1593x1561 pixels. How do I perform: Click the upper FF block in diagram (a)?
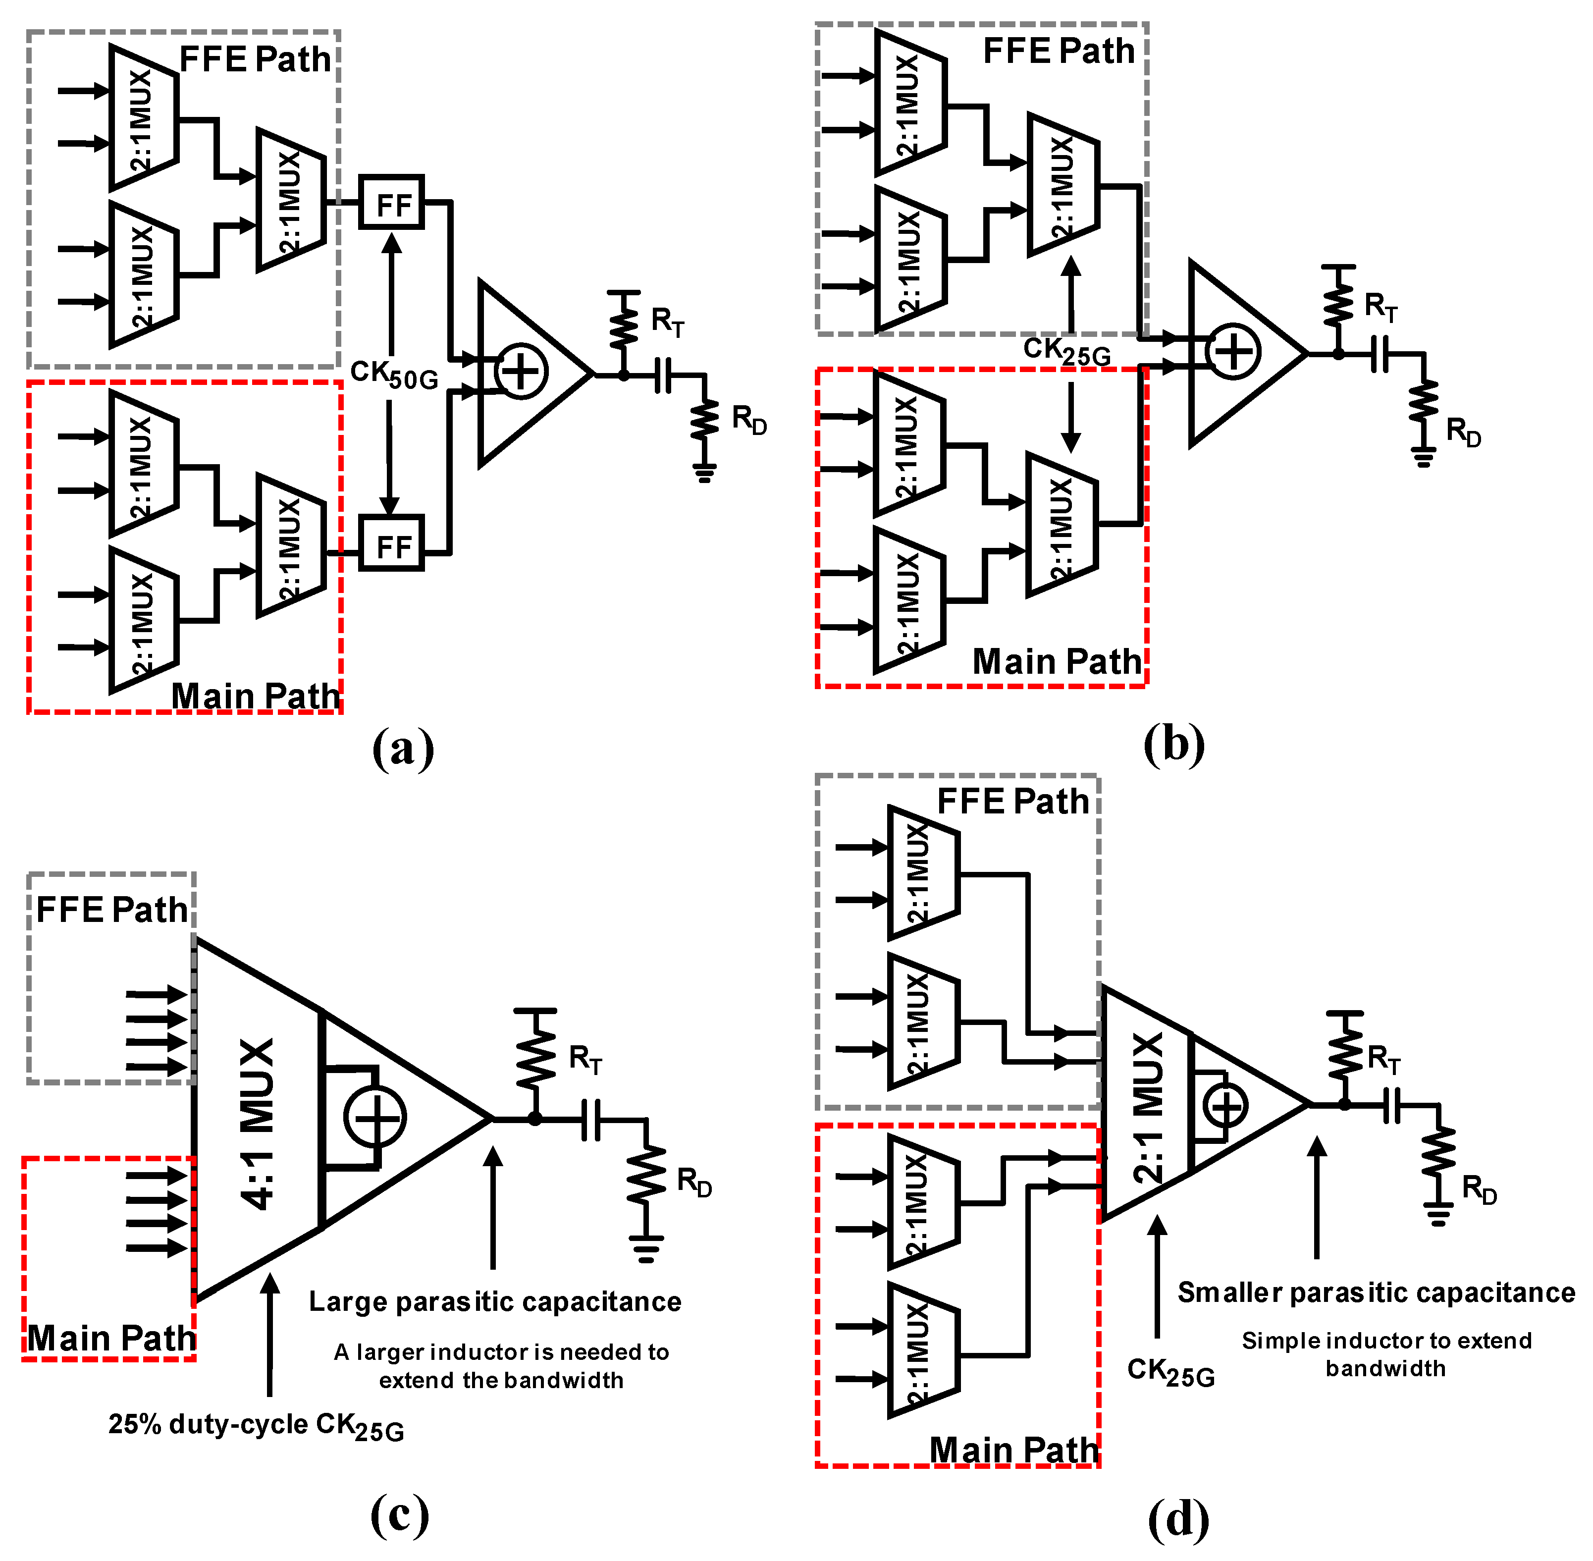[x=391, y=203]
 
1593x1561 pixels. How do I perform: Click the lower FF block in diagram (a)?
[x=391, y=543]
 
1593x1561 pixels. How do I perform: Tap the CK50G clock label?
[x=393, y=375]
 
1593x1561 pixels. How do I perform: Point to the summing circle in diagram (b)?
[x=1232, y=352]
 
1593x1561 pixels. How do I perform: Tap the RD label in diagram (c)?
[x=693, y=1182]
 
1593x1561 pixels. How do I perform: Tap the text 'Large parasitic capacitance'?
[x=494, y=1302]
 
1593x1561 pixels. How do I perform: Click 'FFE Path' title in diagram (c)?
[x=112, y=910]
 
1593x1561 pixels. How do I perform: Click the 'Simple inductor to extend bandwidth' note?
[x=1385, y=1353]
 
